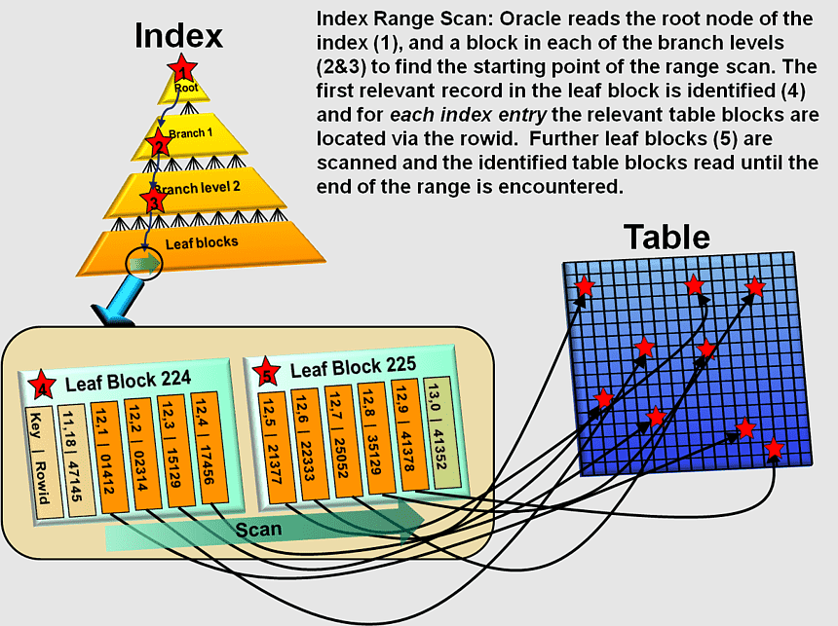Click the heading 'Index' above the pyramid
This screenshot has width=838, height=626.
(x=178, y=36)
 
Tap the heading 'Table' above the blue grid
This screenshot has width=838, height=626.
(x=667, y=237)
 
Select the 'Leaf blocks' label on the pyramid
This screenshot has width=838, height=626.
(x=201, y=242)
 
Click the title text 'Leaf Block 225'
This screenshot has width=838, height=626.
(x=353, y=368)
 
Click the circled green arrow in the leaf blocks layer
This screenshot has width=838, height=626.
(x=144, y=263)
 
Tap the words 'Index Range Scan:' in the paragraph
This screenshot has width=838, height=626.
(x=396, y=18)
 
